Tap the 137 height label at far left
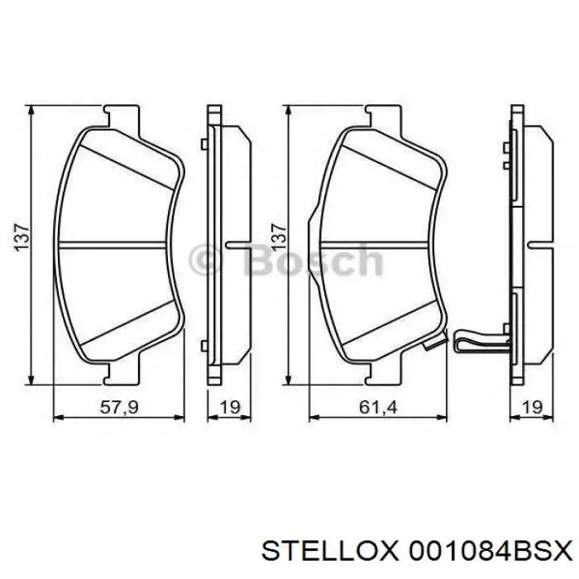(x=24, y=237)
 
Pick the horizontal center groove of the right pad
(x=376, y=242)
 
